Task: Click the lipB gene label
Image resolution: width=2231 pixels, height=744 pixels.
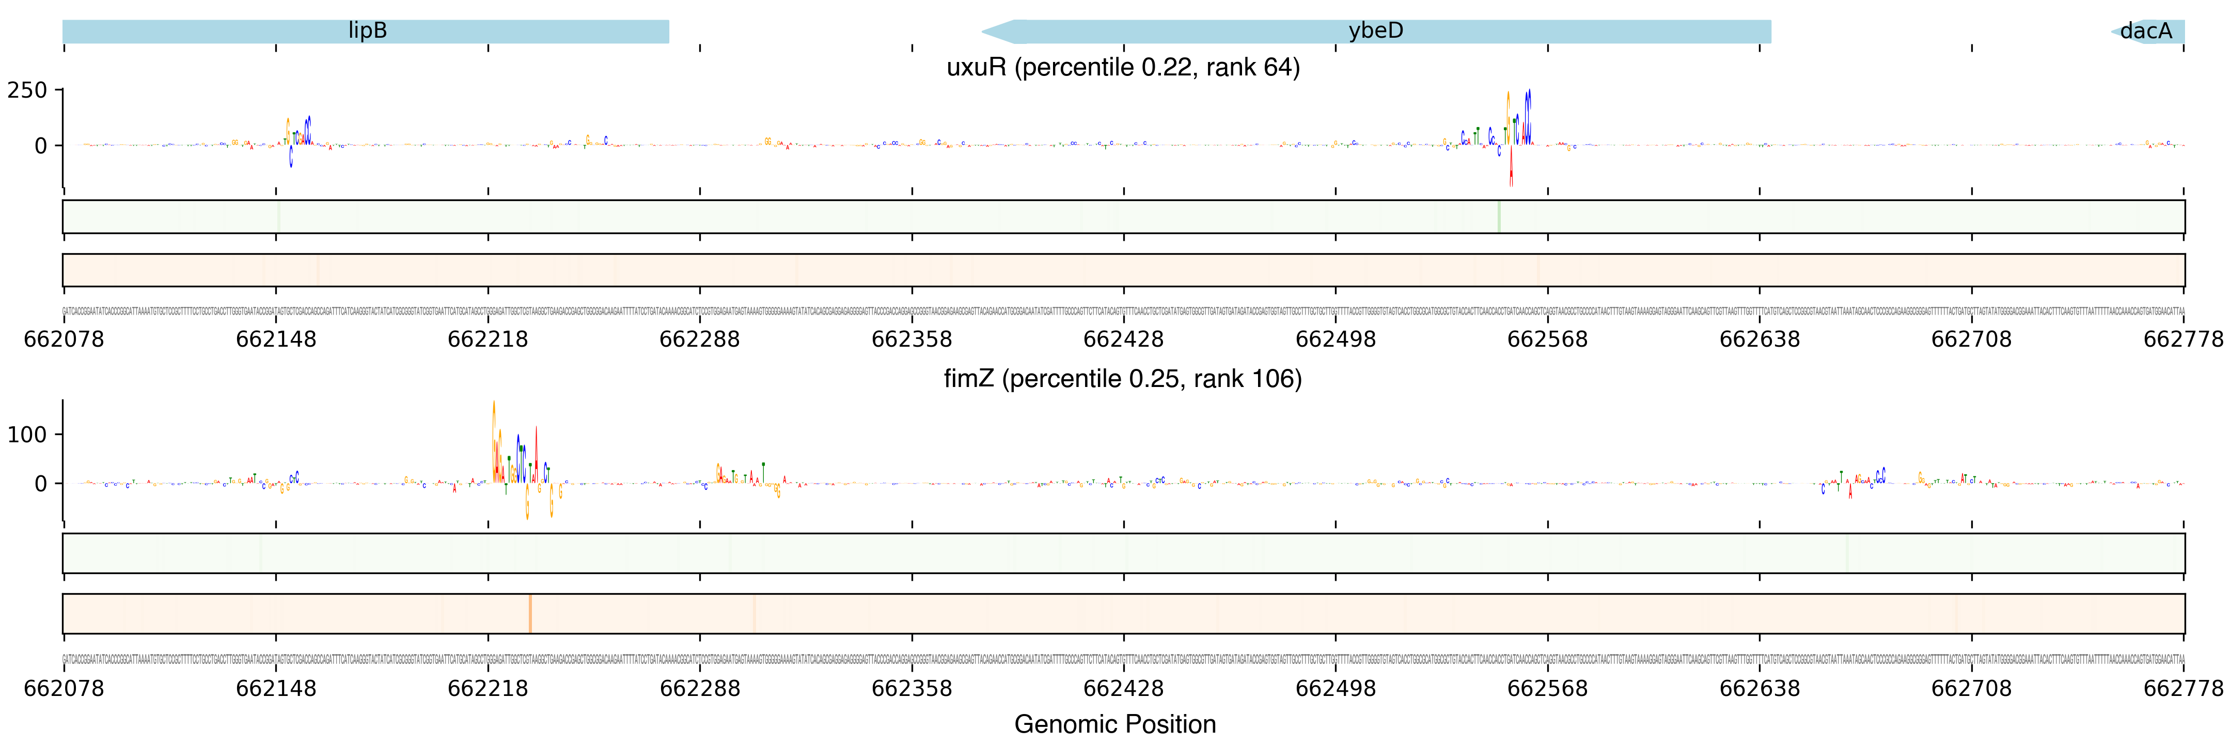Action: [367, 31]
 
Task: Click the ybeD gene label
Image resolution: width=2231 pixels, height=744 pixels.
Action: [1375, 31]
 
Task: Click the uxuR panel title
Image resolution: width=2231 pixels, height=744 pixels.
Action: [1122, 68]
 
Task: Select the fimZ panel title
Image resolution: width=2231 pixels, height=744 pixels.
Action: [1122, 379]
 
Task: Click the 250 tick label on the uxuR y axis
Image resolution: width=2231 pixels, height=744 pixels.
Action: [27, 90]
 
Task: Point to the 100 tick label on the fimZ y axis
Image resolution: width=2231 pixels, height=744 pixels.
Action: [27, 435]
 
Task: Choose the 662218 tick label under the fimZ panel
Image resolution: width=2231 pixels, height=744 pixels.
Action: [488, 689]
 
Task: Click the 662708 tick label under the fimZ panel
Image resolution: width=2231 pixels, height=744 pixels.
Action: [1971, 689]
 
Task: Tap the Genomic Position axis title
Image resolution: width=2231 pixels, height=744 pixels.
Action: [1114, 724]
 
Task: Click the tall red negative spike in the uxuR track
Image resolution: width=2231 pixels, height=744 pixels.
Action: [1511, 169]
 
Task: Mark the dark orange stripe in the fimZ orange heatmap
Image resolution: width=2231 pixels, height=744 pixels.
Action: [530, 613]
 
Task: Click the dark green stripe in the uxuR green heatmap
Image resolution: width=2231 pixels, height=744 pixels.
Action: [1498, 216]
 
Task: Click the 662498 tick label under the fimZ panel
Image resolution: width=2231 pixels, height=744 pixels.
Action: [1334, 689]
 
